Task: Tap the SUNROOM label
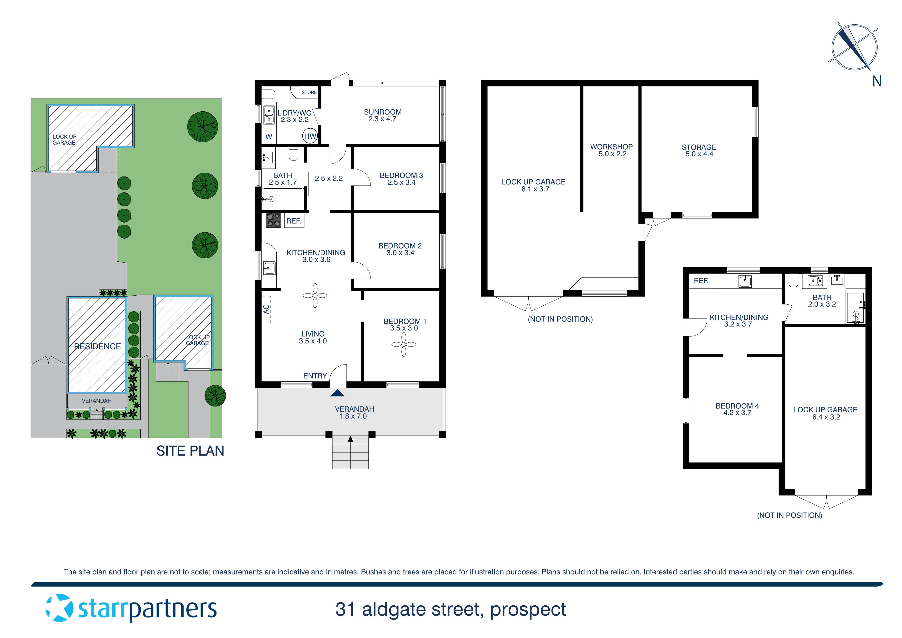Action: (382, 112)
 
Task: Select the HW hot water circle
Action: (310, 136)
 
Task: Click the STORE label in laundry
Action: (309, 92)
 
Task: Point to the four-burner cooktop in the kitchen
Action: (273, 220)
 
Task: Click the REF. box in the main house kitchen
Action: (293, 221)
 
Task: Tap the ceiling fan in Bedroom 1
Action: (403, 345)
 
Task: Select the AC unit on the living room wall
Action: (266, 309)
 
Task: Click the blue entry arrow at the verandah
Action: (337, 393)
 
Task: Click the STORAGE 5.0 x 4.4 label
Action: (699, 150)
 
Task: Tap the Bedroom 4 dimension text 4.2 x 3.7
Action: (737, 413)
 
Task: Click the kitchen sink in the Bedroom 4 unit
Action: (745, 281)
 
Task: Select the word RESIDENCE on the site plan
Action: (97, 346)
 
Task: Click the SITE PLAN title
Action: (190, 451)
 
